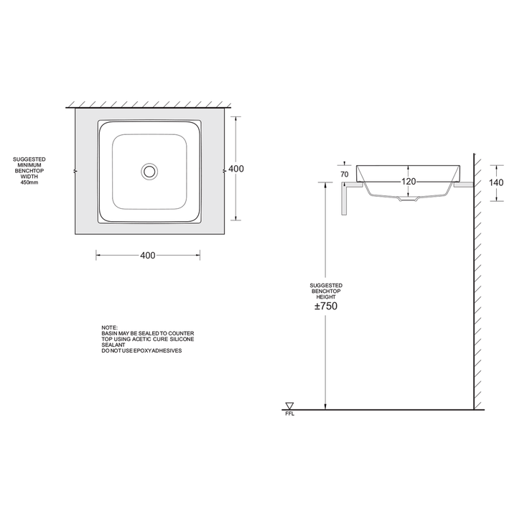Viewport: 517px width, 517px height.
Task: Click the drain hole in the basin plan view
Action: [149, 171]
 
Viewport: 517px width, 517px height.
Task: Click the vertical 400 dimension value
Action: [236, 169]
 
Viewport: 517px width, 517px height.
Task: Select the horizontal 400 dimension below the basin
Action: [148, 255]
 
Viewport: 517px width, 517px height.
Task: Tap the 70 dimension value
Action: [345, 174]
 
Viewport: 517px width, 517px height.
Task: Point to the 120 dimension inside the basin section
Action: [409, 182]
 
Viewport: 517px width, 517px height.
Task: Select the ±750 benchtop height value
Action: [326, 306]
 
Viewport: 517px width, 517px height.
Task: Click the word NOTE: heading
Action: [110, 327]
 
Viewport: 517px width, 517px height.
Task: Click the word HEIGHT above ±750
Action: [326, 296]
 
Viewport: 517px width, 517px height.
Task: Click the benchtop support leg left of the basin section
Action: [345, 200]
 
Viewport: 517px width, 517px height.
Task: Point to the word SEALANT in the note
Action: [113, 345]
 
